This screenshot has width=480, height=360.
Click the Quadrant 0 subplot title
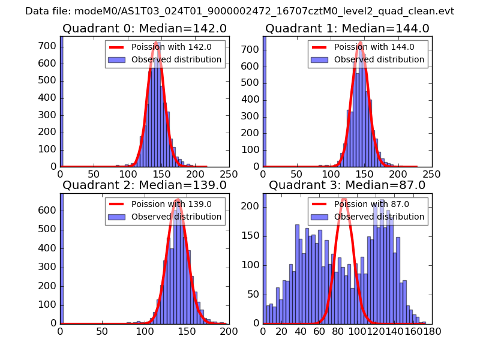(x=144, y=29)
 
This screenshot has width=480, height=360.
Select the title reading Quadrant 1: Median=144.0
(x=347, y=29)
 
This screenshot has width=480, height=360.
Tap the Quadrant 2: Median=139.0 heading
(x=144, y=185)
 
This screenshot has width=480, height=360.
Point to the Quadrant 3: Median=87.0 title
(x=345, y=185)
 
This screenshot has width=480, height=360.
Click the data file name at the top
(x=239, y=11)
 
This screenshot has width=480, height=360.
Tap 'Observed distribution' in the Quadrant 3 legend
(x=379, y=217)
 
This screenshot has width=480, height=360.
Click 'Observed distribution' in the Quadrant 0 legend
(x=176, y=60)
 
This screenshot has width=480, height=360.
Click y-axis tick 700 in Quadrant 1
(x=253, y=46)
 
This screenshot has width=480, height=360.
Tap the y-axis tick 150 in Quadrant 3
(x=253, y=235)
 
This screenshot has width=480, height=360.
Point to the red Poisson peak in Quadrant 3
(x=344, y=199)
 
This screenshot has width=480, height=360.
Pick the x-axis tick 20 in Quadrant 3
(x=281, y=330)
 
